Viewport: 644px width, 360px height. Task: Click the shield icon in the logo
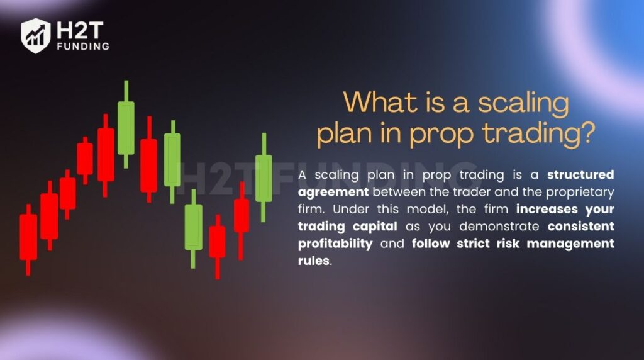tap(35, 35)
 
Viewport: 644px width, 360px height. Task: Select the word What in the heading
tap(376, 102)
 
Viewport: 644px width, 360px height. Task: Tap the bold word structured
tap(580, 174)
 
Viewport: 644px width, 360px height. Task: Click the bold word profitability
tap(335, 244)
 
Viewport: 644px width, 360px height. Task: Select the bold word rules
tap(313, 261)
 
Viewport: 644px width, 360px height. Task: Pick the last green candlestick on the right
tap(264, 177)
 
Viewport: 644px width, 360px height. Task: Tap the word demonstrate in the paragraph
tap(487, 226)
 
